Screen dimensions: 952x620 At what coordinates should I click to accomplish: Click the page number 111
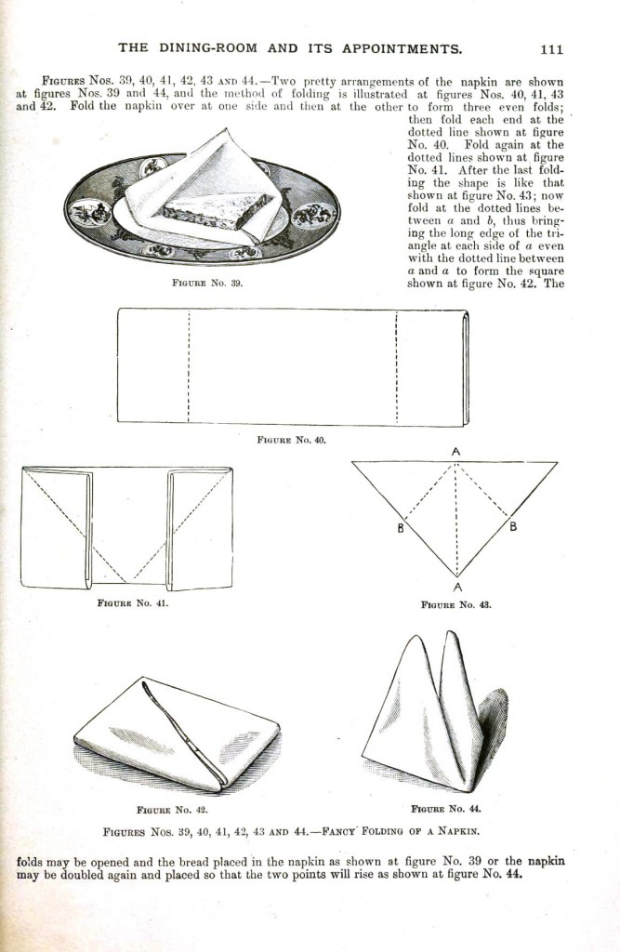coord(550,48)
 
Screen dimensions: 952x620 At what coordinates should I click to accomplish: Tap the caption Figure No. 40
coord(291,439)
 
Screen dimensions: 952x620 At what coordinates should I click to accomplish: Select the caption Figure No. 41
coord(132,602)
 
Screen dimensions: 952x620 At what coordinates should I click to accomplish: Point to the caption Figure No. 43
coord(455,603)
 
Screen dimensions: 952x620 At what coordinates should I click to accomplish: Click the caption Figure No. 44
coord(445,808)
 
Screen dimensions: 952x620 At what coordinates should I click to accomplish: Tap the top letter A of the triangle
coord(455,451)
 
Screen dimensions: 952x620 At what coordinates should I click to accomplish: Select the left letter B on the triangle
coord(400,529)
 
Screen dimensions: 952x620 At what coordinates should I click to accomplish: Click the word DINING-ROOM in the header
coord(219,48)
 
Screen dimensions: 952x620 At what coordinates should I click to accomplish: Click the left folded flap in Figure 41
coord(56,528)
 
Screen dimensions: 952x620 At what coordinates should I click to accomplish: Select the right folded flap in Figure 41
coord(200,528)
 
